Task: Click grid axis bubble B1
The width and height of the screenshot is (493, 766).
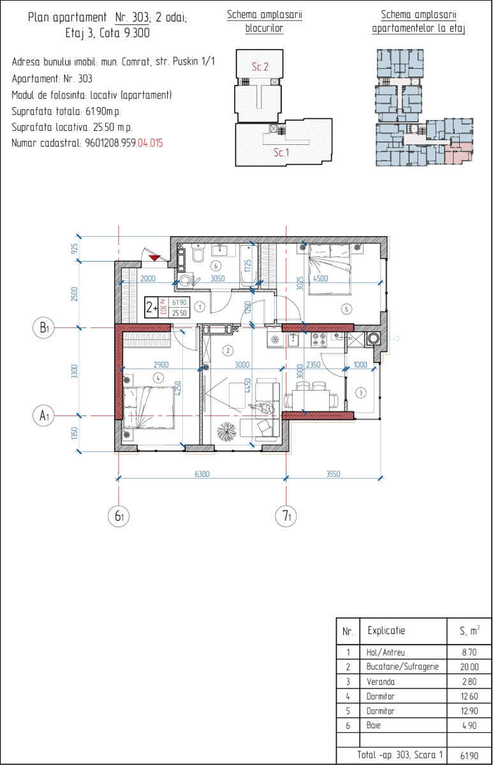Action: (43, 327)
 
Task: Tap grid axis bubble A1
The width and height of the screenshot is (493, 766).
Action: (43, 416)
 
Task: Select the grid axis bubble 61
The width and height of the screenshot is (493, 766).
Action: (119, 516)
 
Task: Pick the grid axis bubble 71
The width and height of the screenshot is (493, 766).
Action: (286, 516)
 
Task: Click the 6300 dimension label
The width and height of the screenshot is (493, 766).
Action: (202, 474)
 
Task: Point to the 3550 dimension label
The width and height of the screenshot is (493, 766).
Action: (333, 474)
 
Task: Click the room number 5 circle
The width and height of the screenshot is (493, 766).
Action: (346, 309)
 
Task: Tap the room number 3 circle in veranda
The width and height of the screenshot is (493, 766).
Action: (361, 393)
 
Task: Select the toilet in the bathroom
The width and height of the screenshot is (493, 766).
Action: (198, 252)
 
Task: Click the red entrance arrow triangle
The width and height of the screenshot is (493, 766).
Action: (155, 257)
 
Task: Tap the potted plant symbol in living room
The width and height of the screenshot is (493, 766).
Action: (226, 432)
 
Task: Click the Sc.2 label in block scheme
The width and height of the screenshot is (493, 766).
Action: (260, 66)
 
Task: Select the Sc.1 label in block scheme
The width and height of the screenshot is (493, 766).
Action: (281, 152)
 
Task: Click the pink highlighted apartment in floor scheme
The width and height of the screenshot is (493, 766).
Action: (459, 154)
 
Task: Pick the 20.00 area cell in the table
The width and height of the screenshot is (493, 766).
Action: (469, 666)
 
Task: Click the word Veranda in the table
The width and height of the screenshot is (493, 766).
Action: (381, 682)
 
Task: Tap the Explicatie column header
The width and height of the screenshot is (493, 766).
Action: (386, 630)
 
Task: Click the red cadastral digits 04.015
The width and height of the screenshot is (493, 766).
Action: (151, 142)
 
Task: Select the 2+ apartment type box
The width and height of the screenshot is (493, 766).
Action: (152, 308)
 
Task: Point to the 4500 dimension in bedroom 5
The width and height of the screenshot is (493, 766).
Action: (320, 278)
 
